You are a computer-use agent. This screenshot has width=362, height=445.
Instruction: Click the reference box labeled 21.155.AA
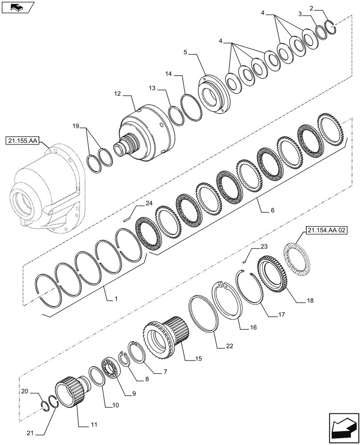click(22, 142)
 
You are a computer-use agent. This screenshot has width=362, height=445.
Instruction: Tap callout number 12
click(117, 94)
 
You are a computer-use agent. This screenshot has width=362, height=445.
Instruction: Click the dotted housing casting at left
click(45, 191)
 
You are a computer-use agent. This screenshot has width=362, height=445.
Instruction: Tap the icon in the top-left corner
click(16, 7)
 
